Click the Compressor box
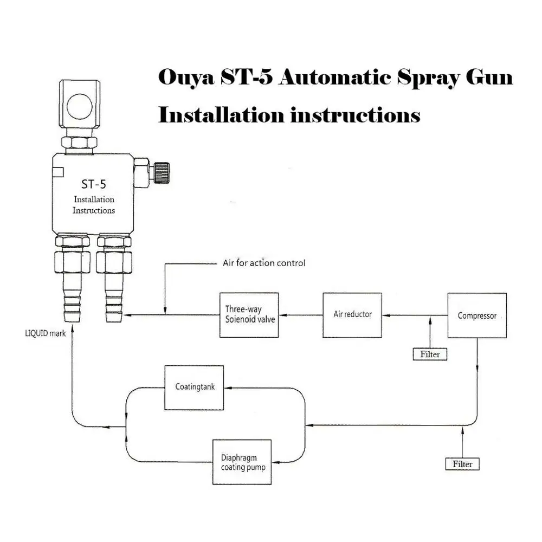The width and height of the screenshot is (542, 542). pyautogui.click(x=477, y=315)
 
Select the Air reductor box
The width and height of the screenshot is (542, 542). pyautogui.click(x=352, y=315)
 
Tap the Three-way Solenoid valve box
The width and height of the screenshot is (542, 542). pyautogui.click(x=249, y=315)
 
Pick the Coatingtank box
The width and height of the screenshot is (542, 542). pyautogui.click(x=195, y=387)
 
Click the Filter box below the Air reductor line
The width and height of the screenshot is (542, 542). pyautogui.click(x=430, y=354)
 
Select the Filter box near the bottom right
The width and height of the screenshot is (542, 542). pyautogui.click(x=462, y=464)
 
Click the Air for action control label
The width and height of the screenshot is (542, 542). pyautogui.click(x=264, y=263)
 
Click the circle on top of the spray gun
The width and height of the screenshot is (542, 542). pyautogui.click(x=80, y=104)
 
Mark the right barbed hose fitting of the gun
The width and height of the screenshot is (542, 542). pyautogui.click(x=114, y=301)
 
